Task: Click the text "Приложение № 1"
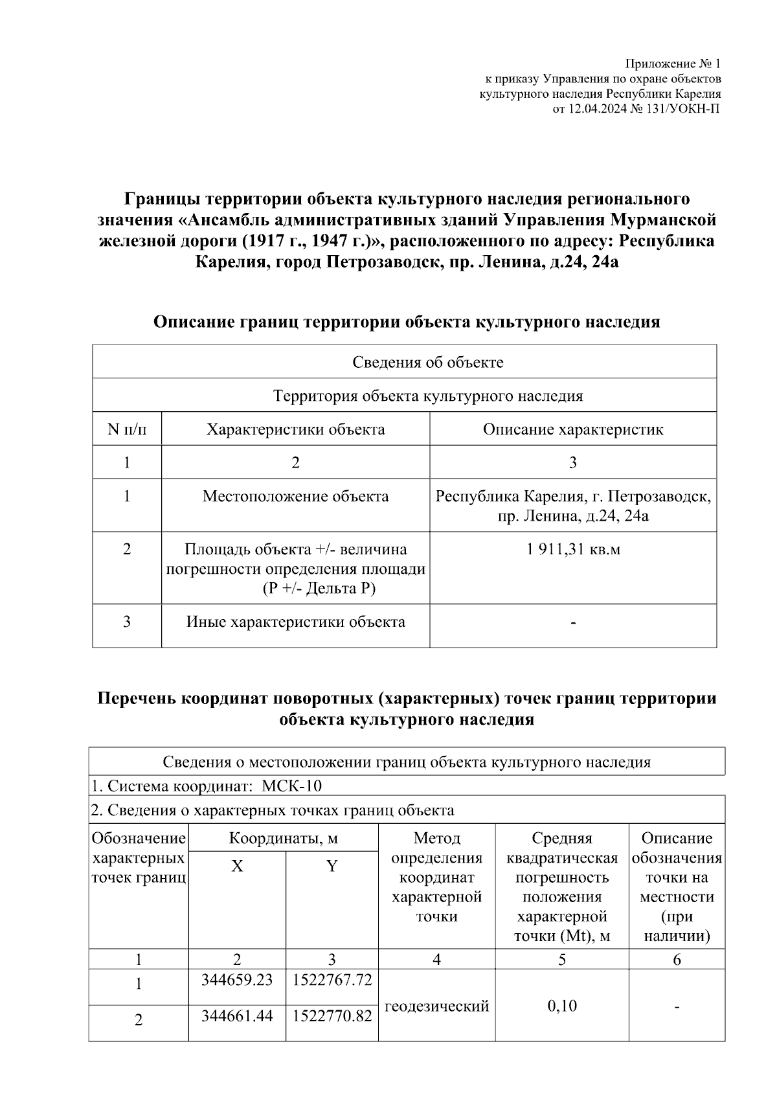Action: (x=672, y=64)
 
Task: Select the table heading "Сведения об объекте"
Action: (x=427, y=362)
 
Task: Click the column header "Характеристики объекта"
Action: (x=295, y=429)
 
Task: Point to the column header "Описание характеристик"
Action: (x=573, y=429)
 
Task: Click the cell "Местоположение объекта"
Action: (x=295, y=497)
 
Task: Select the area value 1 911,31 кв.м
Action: (x=573, y=550)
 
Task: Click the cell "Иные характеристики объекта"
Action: (x=295, y=622)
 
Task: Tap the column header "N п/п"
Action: (x=127, y=429)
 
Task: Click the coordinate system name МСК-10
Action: (x=291, y=786)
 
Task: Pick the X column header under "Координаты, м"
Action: (x=237, y=867)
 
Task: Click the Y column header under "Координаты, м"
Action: (x=332, y=867)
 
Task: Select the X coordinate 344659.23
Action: (x=237, y=980)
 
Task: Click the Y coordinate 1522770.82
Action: (x=332, y=1016)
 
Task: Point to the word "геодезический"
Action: (x=437, y=1006)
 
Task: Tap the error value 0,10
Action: (x=562, y=1006)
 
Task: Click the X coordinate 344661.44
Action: (x=237, y=1016)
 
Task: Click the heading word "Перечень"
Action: (x=135, y=699)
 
